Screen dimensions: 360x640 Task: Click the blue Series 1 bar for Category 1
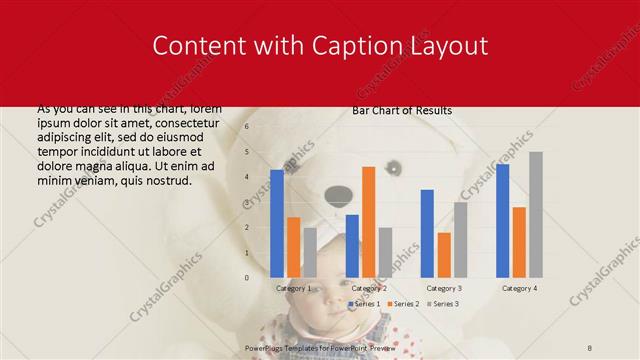(277, 223)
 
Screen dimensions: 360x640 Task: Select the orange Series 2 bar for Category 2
(368, 221)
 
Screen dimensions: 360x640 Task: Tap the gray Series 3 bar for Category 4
(536, 214)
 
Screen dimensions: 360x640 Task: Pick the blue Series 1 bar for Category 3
(427, 233)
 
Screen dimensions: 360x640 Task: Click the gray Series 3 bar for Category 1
(310, 252)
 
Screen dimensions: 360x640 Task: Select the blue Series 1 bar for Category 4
(502, 220)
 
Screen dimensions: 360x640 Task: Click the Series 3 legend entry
(443, 303)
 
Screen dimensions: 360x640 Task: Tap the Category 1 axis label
(293, 288)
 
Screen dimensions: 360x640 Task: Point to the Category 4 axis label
(519, 288)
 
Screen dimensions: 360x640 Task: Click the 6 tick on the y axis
(247, 127)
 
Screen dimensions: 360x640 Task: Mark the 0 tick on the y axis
(247, 277)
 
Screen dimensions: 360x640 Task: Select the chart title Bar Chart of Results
(402, 111)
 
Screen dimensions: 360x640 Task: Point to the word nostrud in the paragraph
(165, 180)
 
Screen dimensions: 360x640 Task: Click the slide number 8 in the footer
(590, 347)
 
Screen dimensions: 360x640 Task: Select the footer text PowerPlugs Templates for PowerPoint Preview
(320, 347)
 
